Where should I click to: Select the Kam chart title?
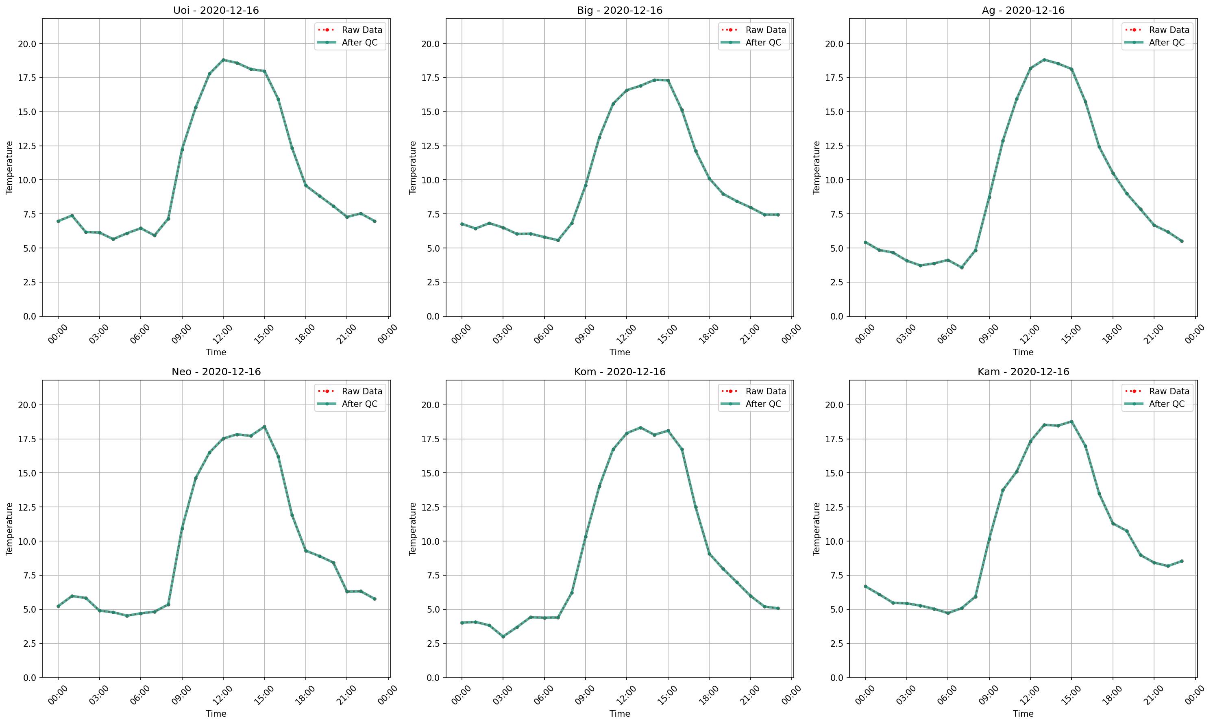[1023, 372]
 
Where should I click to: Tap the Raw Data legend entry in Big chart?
[753, 30]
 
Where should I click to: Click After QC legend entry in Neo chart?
[349, 404]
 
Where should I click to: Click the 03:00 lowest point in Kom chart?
[503, 637]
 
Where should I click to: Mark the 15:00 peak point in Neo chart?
[264, 426]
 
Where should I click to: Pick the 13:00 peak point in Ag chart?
[1044, 59]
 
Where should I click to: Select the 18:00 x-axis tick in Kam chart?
[1113, 695]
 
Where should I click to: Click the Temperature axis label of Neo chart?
[9, 529]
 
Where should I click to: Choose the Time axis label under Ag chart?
[1023, 352]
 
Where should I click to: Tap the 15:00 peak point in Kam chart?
[1071, 422]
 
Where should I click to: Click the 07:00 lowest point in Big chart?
[558, 240]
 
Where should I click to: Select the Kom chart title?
[620, 372]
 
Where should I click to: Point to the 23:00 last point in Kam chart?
[1182, 561]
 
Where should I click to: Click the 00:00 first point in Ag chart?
[865, 242]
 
